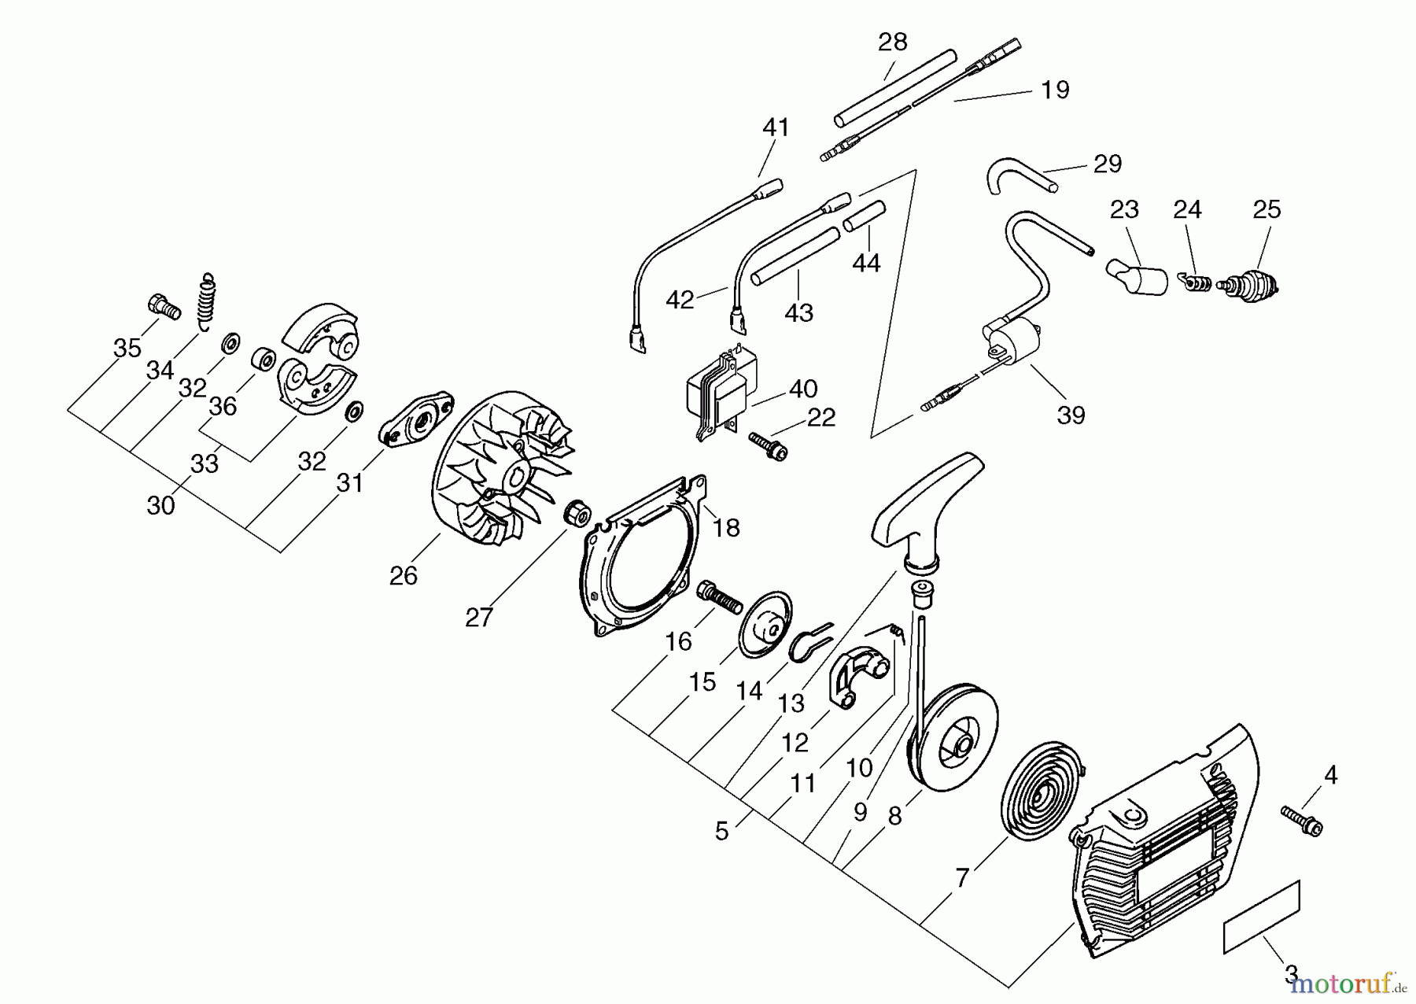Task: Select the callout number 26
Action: click(x=403, y=576)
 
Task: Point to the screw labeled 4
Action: click(x=1303, y=820)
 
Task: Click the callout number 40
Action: click(x=802, y=389)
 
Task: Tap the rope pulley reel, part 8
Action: click(x=952, y=736)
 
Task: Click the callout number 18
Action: click(x=725, y=528)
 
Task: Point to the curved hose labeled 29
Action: click(x=1015, y=177)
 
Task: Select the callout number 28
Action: click(x=892, y=41)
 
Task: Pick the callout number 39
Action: click(x=1071, y=415)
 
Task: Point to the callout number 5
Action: click(x=721, y=832)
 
